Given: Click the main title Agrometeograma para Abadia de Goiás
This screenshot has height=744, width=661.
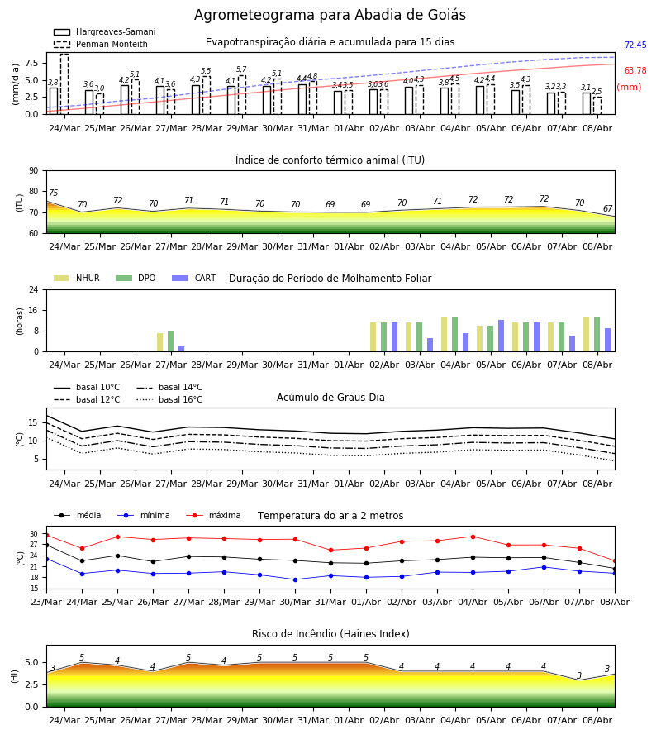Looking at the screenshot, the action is [x=330, y=15].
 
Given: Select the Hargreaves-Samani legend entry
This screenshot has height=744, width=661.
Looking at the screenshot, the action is [x=105, y=31].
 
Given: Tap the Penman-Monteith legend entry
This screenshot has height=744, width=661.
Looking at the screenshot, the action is [x=101, y=44].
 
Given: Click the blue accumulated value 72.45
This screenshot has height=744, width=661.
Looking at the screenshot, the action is [x=635, y=45].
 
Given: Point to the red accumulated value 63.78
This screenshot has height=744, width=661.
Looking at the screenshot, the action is [x=635, y=71].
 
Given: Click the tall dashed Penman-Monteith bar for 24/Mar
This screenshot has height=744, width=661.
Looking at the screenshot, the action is [x=64, y=84].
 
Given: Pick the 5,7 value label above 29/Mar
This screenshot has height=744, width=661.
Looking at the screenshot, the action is [x=241, y=69].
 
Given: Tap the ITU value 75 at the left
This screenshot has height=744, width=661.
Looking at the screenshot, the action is [x=53, y=193].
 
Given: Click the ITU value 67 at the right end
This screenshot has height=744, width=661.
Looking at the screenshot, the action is [x=608, y=208].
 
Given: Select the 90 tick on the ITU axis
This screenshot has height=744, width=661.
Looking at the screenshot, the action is [x=34, y=171].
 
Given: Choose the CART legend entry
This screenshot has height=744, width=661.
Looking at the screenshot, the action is [x=194, y=278].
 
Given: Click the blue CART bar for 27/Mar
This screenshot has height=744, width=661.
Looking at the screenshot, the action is [x=182, y=349].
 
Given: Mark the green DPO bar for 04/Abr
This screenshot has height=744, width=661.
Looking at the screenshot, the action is [x=454, y=335].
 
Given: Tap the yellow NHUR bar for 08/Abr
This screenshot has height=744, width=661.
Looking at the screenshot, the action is [x=587, y=335].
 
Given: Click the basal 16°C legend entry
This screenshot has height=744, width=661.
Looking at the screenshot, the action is [x=169, y=399].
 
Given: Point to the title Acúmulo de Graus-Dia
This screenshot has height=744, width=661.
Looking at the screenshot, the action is [x=330, y=397].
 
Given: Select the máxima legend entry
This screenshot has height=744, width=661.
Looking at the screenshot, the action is [x=213, y=515].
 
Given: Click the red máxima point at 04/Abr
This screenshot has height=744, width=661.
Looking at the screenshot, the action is [x=473, y=537].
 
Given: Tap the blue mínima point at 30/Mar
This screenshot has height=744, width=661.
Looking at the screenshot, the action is [x=296, y=579].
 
